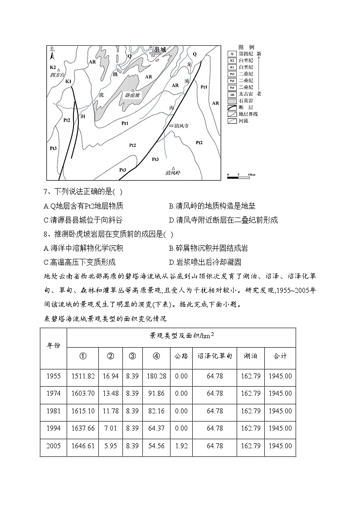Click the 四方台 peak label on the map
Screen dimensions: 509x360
[x=58, y=75]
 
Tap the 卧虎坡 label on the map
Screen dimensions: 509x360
[x=132, y=95]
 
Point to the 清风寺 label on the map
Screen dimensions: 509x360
[x=180, y=126]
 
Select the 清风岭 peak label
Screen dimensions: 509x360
[x=173, y=173]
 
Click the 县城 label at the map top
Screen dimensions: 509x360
[x=160, y=48]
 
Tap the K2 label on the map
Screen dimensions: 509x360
[x=53, y=67]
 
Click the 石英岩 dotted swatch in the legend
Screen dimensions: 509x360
[x=232, y=101]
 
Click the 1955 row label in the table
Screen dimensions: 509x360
[x=53, y=376]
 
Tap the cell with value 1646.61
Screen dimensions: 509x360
[x=83, y=446]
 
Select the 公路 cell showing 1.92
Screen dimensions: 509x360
[x=181, y=446]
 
